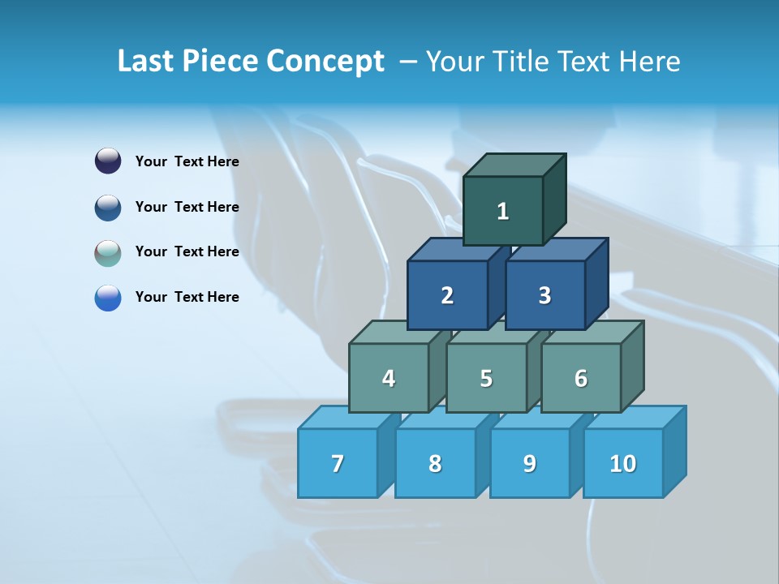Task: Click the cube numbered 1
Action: [x=503, y=211]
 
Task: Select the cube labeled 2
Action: [x=447, y=295]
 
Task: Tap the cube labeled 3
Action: [x=544, y=295]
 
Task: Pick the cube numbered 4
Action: [x=389, y=378]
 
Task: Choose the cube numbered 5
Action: [x=486, y=378]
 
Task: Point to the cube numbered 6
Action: [x=581, y=378]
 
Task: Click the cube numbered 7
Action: [x=338, y=463]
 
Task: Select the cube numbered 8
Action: [x=435, y=463]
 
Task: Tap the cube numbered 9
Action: [x=529, y=463]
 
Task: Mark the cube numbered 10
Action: [x=623, y=463]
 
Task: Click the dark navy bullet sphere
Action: [x=108, y=161]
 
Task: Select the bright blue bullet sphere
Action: [x=108, y=298]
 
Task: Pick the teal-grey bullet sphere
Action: [x=108, y=252]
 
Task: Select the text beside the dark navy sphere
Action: [x=187, y=161]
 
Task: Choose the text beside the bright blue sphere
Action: [x=187, y=297]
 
